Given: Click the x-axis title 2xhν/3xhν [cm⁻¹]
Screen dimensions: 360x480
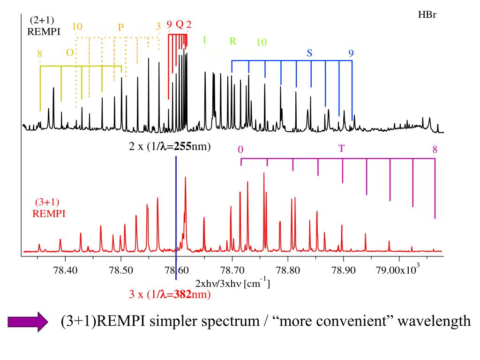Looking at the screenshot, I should tap(232, 284).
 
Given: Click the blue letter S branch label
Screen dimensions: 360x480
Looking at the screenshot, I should tap(309, 53).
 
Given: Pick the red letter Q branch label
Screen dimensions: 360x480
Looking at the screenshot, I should tap(179, 24).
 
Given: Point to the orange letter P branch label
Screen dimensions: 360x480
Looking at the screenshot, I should tap(120, 27).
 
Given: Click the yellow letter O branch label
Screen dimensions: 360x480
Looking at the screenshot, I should tap(69, 53).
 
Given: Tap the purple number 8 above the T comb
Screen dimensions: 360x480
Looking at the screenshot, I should tap(435, 150).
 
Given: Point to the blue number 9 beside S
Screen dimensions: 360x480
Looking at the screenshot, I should tap(351, 53).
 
